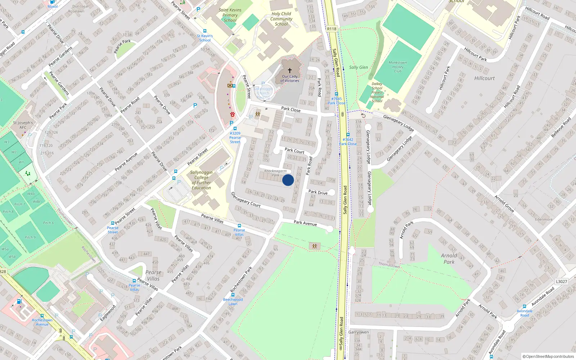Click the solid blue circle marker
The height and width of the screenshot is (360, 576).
pos(288,180)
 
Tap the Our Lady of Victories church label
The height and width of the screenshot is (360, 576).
pos(290,78)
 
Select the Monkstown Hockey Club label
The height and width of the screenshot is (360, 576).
pos(398,67)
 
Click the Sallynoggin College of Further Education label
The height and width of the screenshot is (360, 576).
pos(201,180)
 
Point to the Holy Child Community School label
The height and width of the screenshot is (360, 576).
pos(281,19)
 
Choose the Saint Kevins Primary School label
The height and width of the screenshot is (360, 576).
pos(230,15)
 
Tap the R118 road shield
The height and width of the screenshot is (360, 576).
pos(332,29)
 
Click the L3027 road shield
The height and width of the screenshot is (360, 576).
pos(561,282)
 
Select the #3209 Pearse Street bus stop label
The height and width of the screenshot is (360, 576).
pos(235,138)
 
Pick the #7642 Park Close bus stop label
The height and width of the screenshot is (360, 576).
pos(348,141)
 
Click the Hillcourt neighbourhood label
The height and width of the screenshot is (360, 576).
pos(484,78)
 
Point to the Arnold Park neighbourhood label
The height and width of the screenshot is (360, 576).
pos(449,259)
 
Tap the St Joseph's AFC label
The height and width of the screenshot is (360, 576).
pos(23,125)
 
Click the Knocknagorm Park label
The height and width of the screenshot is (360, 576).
pos(275,173)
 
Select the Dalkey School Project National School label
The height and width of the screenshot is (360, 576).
pos(377,93)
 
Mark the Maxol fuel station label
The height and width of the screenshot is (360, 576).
pos(53,6)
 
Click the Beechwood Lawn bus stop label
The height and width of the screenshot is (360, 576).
pos(233,302)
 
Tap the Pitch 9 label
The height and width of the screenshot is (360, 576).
pos(30,238)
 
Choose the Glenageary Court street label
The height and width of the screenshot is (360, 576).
pos(246,199)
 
